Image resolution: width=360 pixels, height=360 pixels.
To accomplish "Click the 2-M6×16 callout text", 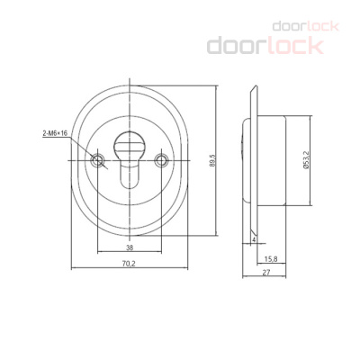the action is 55,133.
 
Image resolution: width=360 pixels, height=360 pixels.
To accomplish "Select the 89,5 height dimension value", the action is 213,160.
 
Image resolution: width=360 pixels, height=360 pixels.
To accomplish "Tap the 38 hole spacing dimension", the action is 130,247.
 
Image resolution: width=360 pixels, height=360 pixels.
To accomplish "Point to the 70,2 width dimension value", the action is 129,264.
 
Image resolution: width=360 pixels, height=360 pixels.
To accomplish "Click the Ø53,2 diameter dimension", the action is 306,160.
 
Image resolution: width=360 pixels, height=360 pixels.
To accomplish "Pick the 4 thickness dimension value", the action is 254,239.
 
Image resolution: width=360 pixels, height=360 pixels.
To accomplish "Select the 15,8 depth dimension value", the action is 271,259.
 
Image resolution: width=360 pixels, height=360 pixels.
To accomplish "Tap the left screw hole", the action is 97,160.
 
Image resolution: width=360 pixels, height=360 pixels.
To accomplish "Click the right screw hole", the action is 161,160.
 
